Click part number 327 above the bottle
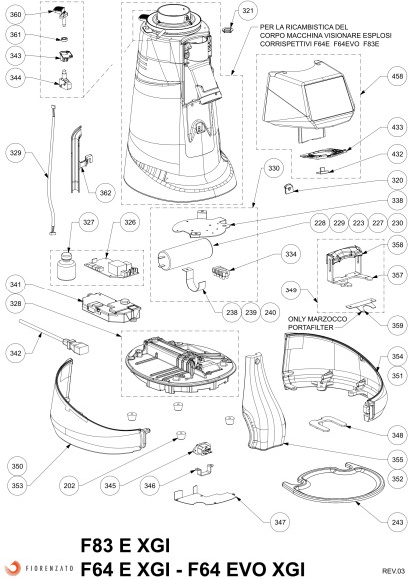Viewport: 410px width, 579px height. click(88, 222)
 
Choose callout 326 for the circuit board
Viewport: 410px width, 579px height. click(129, 222)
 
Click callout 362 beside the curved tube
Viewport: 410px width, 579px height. click(105, 192)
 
